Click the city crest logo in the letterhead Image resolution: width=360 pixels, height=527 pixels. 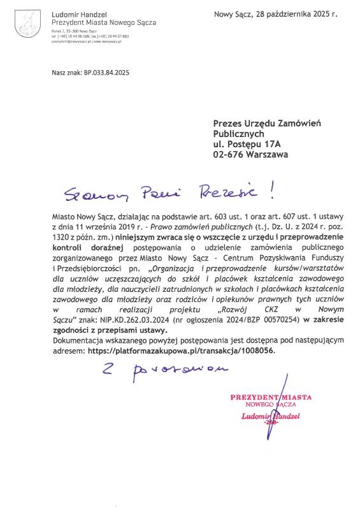click(25, 25)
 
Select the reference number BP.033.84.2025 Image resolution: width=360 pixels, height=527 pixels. click(106, 73)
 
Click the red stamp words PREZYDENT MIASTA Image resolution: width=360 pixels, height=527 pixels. click(271, 397)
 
